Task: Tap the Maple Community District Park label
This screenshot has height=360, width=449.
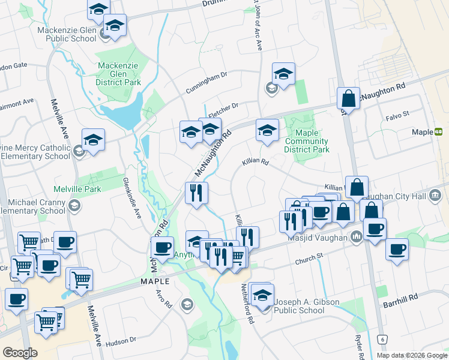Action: pos(307,141)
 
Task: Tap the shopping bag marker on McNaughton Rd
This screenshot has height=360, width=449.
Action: pos(348,98)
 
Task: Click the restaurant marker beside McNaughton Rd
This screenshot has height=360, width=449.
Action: pos(196,193)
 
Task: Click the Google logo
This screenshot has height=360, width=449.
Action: pos(20,353)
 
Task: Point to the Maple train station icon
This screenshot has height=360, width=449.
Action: pos(439,132)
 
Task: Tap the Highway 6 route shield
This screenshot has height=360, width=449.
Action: pos(382,340)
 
